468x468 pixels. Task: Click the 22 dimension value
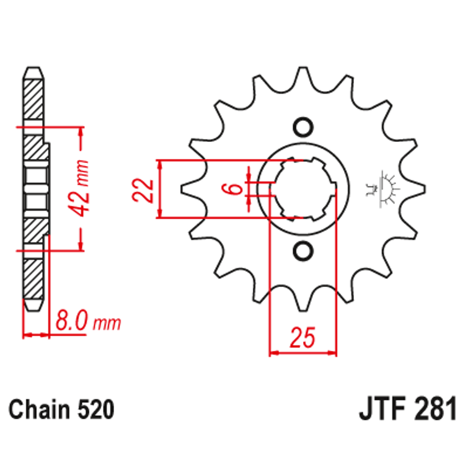pyautogui.click(x=141, y=190)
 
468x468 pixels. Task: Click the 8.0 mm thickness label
pyautogui.click(x=87, y=322)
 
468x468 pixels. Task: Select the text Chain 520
pyautogui.click(x=61, y=410)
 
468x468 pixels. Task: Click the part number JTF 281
pyautogui.click(x=407, y=410)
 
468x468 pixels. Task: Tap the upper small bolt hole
pyautogui.click(x=302, y=126)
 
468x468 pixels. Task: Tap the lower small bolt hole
pyautogui.click(x=302, y=251)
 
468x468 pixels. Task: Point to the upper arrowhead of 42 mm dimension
pyautogui.click(x=80, y=132)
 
